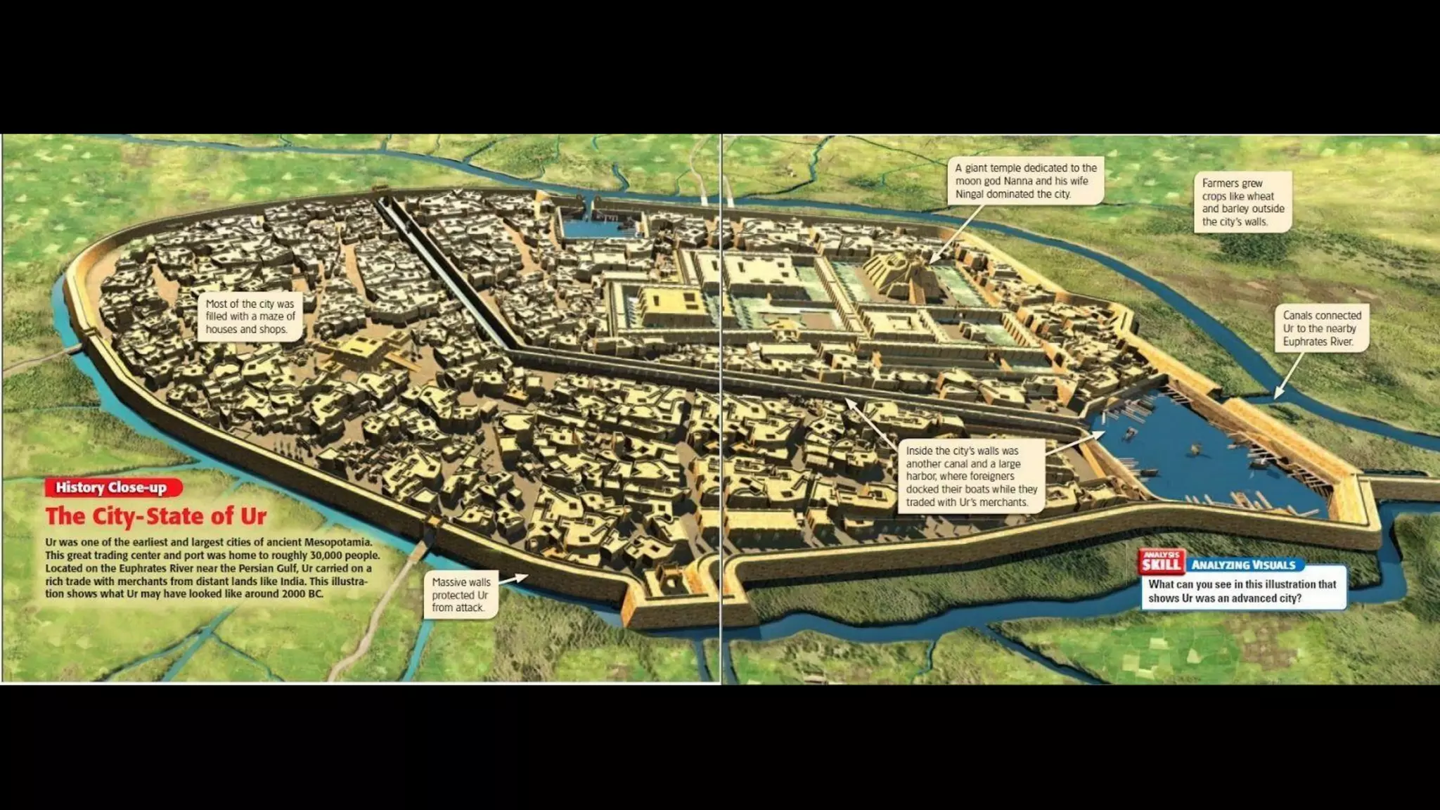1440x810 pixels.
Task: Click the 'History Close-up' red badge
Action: [112, 487]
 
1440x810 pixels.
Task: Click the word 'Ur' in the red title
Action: [253, 516]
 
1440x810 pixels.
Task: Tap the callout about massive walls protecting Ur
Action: [461, 594]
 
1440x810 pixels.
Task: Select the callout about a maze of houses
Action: [250, 316]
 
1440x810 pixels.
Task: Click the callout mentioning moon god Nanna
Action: [1026, 181]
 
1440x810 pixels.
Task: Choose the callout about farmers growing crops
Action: [1242, 202]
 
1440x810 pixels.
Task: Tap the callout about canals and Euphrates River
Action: [1322, 328]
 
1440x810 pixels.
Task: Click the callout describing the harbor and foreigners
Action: [971, 476]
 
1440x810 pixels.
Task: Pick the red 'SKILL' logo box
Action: [1161, 562]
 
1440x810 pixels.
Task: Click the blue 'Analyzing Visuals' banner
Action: [1243, 565]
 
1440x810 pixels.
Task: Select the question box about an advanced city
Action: [1242, 591]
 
